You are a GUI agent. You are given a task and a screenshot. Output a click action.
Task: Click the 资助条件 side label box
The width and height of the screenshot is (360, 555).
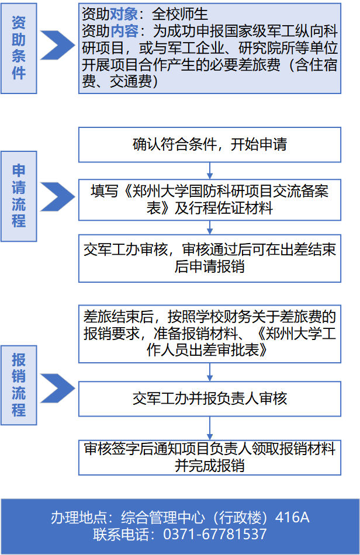click(x=19, y=48)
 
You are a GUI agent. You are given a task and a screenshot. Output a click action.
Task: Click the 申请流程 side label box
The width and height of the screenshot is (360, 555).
click(x=19, y=196)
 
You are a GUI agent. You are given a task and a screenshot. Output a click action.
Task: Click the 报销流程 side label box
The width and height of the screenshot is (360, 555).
click(x=19, y=385)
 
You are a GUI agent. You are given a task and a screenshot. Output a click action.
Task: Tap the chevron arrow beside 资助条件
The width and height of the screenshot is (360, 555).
click(x=57, y=46)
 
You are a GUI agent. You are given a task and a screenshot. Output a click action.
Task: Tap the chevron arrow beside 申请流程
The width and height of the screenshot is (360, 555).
click(x=57, y=197)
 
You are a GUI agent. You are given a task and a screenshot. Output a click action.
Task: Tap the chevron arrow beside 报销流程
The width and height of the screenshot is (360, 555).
click(x=57, y=388)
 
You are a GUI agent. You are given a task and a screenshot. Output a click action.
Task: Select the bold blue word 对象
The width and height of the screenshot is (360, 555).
click(x=124, y=14)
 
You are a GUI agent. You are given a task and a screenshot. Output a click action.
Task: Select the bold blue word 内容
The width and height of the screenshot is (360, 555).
click(x=124, y=31)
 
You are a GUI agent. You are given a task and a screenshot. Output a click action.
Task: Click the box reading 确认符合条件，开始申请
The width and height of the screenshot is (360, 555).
click(x=210, y=145)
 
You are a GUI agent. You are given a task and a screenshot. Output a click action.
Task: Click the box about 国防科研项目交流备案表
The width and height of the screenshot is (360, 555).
click(x=210, y=200)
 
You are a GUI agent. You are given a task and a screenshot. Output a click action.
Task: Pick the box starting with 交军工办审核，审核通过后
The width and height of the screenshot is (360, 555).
click(x=210, y=258)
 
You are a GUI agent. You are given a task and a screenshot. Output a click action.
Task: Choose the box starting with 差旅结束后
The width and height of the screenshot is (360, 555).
click(x=210, y=334)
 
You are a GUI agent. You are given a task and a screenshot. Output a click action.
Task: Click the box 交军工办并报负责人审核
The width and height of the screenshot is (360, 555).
click(x=210, y=399)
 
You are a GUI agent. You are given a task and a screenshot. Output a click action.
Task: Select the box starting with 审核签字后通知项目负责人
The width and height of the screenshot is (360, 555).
click(x=210, y=457)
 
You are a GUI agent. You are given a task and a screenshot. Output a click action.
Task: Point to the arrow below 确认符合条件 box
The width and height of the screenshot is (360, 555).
click(x=210, y=171)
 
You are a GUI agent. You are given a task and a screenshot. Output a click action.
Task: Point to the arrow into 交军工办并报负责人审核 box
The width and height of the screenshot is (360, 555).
click(x=210, y=372)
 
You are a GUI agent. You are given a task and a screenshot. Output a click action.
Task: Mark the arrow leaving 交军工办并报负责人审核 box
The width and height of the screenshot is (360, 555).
click(x=210, y=428)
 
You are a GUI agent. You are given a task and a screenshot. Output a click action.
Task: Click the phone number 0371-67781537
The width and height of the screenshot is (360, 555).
click(x=215, y=535)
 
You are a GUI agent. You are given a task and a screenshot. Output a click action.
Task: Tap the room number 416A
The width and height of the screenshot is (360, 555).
click(x=292, y=518)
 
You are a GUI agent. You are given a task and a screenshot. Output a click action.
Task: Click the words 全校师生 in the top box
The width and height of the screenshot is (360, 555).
click(x=180, y=14)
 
